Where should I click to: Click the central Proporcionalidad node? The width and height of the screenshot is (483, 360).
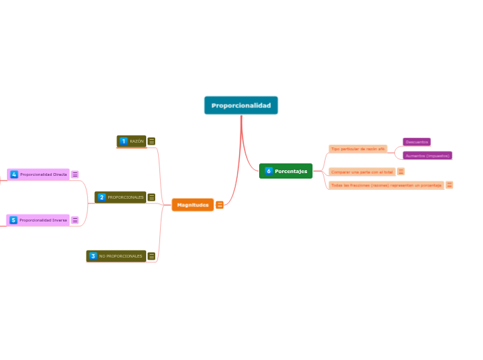[x=241, y=105]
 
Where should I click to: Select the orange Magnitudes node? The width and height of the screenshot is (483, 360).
[x=193, y=205]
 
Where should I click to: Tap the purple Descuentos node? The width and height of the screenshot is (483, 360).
[x=416, y=142]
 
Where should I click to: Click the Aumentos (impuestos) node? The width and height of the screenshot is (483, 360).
[x=428, y=156]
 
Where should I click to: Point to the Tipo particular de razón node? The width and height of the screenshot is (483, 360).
[x=358, y=149]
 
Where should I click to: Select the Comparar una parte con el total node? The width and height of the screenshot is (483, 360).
[x=362, y=172]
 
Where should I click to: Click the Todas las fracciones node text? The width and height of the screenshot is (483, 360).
[x=386, y=186]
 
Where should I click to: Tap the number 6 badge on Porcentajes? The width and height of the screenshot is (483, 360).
[x=269, y=171]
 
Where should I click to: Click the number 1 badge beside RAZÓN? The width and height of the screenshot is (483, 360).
[x=124, y=141]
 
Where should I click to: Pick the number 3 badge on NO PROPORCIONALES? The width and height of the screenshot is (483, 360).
[x=93, y=256]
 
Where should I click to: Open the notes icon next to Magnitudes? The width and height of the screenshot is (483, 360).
[x=220, y=205]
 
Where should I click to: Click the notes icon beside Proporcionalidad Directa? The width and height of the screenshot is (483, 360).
[x=75, y=174]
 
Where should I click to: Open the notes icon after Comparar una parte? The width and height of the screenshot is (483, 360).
[x=401, y=172]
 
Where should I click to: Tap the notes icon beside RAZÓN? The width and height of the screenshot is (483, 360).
[x=152, y=141]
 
